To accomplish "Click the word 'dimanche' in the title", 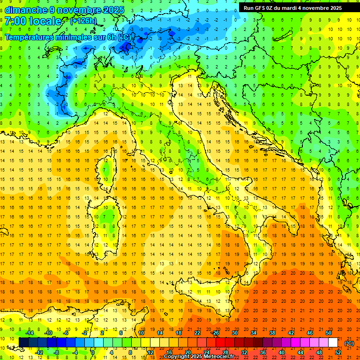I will tap(26, 10).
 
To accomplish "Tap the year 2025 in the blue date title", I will tap(113, 10).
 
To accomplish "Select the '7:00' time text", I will tap(15, 22).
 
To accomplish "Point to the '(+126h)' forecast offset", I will tap(83, 21).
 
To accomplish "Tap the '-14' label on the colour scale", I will tap(29, 333).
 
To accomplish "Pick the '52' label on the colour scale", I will tap(338, 352).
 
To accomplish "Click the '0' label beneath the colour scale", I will tap(93, 352).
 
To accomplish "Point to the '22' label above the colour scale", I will tap(197, 333).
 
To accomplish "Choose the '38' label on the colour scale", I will tap(272, 333).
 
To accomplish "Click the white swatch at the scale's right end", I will tap(333, 342).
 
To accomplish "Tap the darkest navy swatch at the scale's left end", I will tap(23, 342).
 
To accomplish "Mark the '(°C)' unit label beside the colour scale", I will tap(349, 343).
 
